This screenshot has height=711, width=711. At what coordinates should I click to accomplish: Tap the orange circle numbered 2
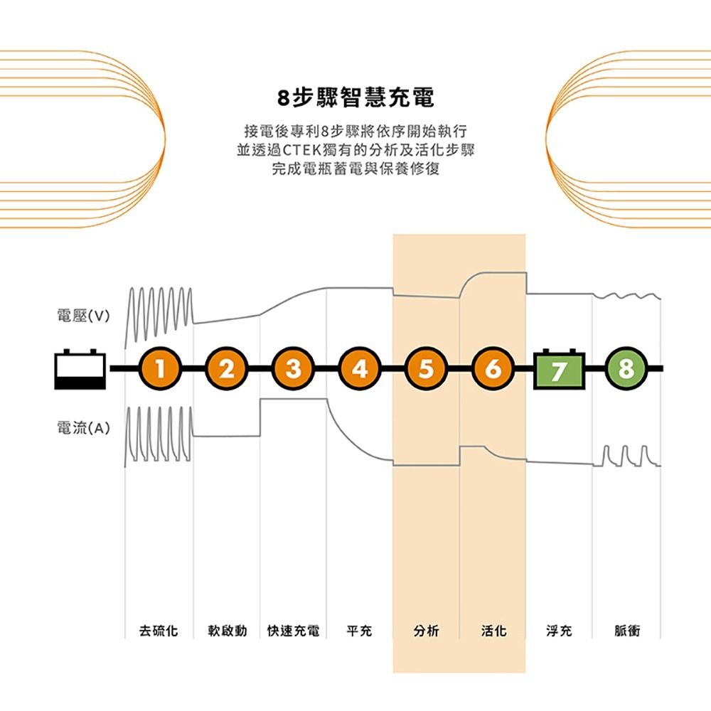[227, 369]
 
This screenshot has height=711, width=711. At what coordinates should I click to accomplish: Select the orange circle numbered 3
[293, 369]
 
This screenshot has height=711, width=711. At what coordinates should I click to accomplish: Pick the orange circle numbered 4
[360, 369]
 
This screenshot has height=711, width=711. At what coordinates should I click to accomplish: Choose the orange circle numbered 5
[426, 369]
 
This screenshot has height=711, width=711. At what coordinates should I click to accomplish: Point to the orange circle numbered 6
[492, 369]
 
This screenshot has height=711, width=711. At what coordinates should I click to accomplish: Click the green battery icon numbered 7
[559, 369]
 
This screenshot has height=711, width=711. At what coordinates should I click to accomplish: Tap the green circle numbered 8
[626, 369]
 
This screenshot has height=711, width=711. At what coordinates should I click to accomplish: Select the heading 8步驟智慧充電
[355, 97]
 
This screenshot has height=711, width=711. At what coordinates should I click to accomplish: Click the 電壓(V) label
[82, 316]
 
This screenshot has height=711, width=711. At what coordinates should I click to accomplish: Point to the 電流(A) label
[82, 428]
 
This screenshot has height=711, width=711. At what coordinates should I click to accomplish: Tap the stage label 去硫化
[159, 631]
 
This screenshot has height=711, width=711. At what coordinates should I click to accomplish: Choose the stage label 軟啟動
[227, 631]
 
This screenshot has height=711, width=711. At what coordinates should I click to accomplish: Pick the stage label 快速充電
[293, 631]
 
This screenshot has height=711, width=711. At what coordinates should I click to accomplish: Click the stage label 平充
[359, 631]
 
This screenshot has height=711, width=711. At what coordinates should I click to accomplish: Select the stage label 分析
[426, 631]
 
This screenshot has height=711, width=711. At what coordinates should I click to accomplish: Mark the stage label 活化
[493, 631]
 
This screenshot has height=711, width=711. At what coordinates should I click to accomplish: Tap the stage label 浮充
[559, 631]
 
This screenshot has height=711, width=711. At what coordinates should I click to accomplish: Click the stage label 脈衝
[626, 631]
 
